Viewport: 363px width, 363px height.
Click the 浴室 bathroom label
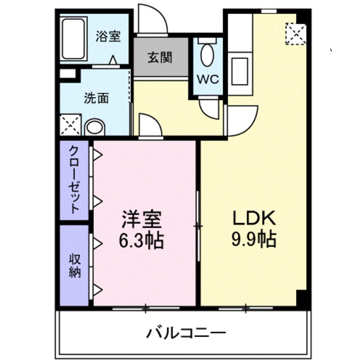108,37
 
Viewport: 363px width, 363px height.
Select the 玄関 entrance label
161,57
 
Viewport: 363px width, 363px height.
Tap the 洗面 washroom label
96,98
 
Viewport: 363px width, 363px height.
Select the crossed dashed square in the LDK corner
294,33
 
